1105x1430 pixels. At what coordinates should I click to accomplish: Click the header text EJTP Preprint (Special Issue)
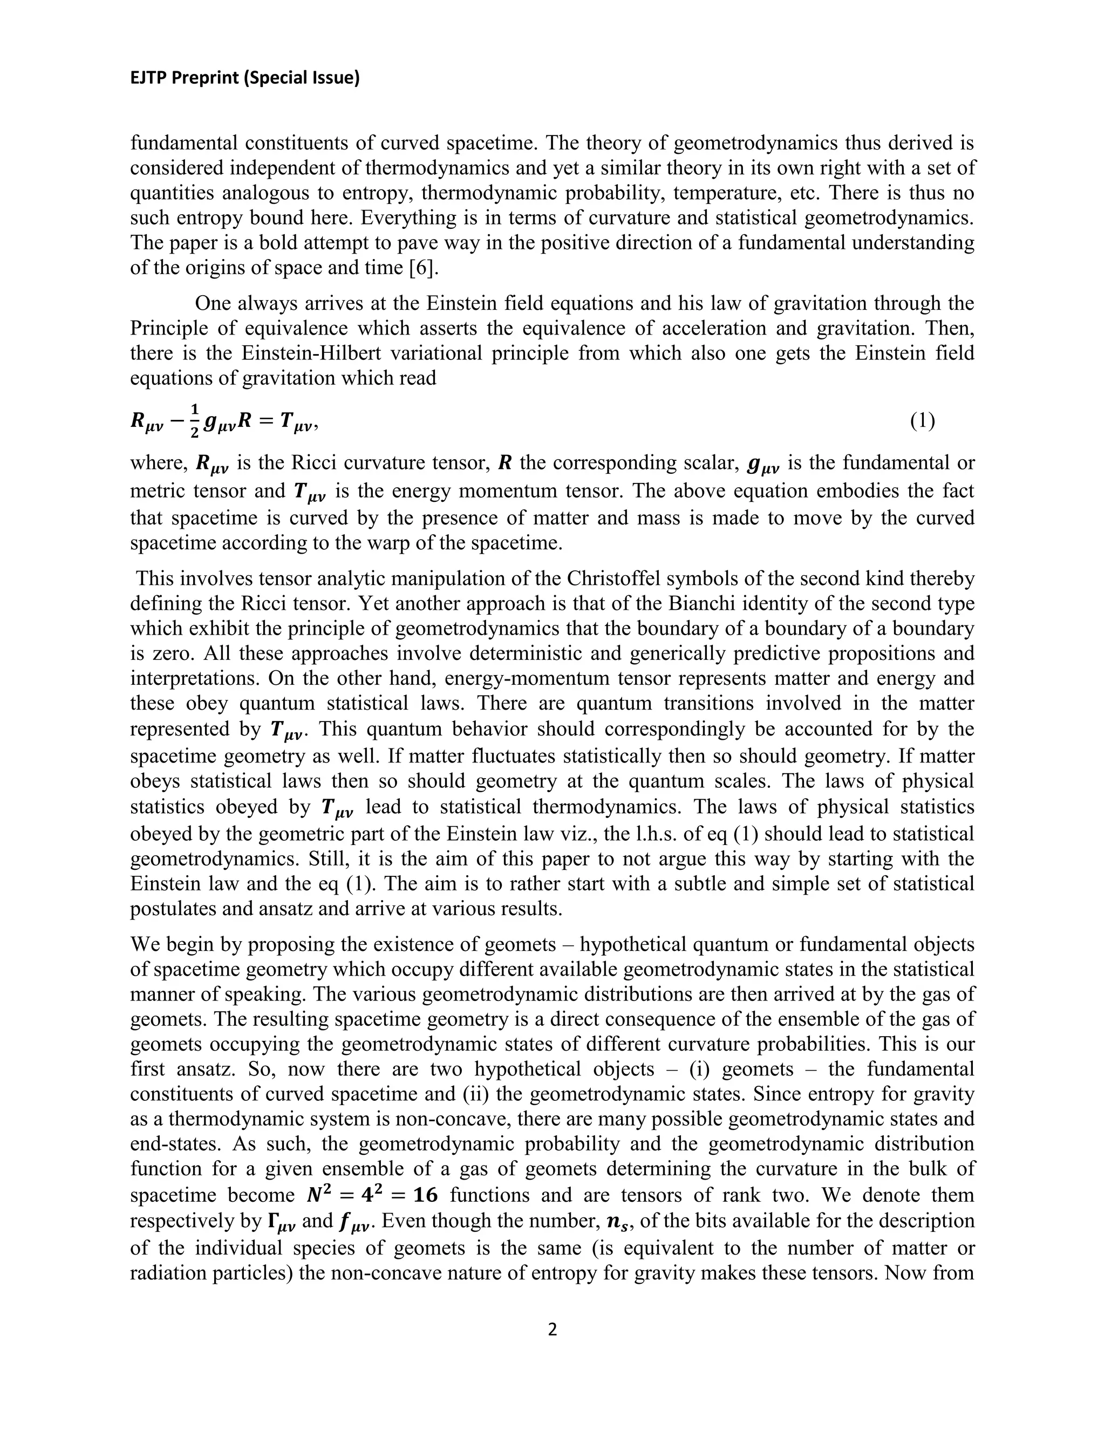tap(245, 78)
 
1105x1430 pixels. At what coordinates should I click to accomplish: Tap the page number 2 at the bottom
tap(552, 1329)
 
